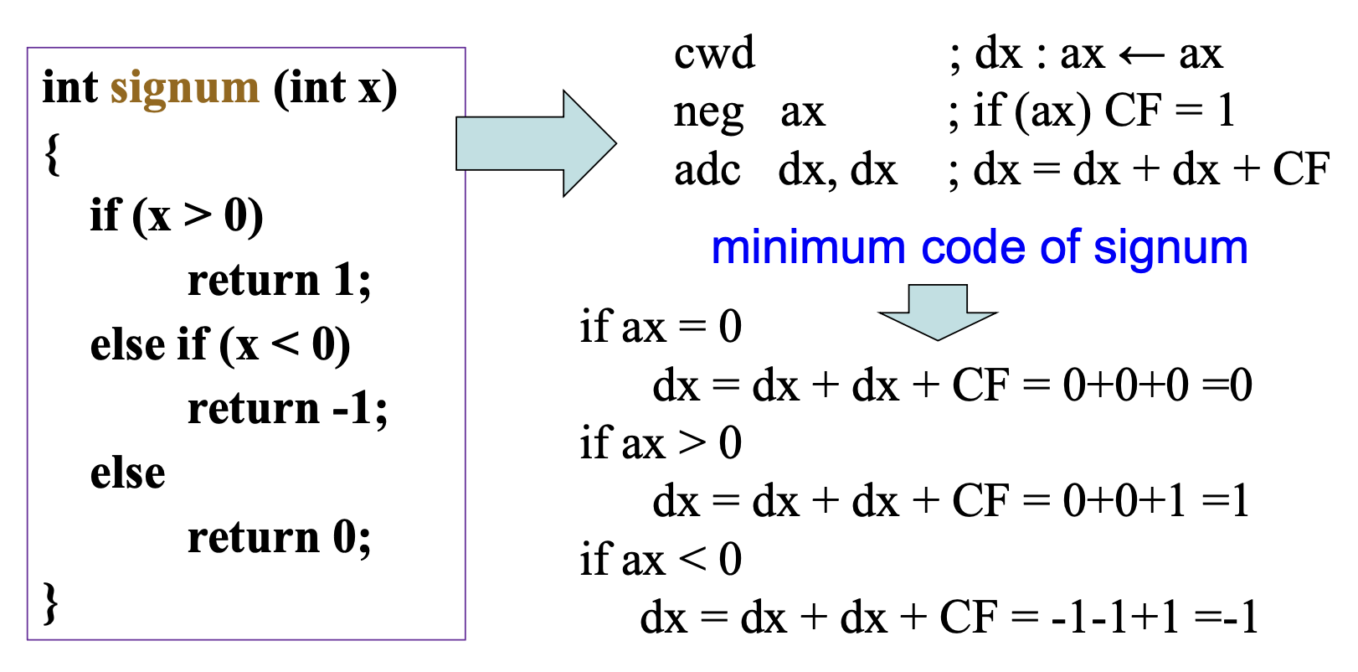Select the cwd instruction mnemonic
tap(714, 54)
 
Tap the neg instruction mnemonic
tap(708, 112)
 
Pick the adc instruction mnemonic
tap(707, 171)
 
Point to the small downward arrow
tap(937, 311)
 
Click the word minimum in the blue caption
tap(808, 248)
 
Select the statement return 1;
tap(279, 281)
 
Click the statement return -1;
tap(287, 410)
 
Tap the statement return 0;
tap(279, 538)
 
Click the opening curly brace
tap(53, 154)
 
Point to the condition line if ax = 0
tap(661, 327)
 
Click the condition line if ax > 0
tap(661, 443)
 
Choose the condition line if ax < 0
tap(661, 560)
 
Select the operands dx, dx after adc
tap(837, 171)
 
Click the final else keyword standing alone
tap(127, 473)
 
